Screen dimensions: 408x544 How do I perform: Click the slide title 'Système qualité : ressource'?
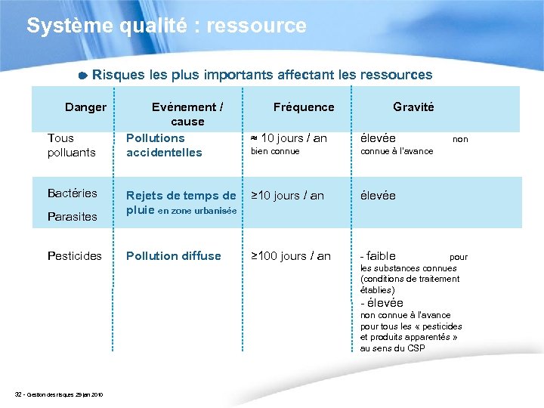point(166,26)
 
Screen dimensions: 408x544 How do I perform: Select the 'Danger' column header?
point(85,107)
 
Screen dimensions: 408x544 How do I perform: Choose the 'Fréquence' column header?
point(303,107)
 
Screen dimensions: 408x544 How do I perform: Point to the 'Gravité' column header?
point(413,107)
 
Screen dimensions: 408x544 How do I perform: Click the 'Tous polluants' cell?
point(71,145)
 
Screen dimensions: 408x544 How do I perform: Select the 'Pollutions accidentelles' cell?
point(164,145)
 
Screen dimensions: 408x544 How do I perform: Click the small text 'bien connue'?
point(275,151)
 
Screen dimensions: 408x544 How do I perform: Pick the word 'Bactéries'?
point(73,193)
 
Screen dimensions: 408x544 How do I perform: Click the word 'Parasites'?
point(73,217)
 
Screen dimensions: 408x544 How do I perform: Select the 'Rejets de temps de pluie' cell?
point(181,202)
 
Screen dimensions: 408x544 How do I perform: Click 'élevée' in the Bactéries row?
point(378,196)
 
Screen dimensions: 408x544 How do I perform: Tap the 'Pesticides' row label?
point(75,256)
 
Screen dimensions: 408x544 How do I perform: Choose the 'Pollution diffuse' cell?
point(174,256)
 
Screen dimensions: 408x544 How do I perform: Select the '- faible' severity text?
point(378,256)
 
